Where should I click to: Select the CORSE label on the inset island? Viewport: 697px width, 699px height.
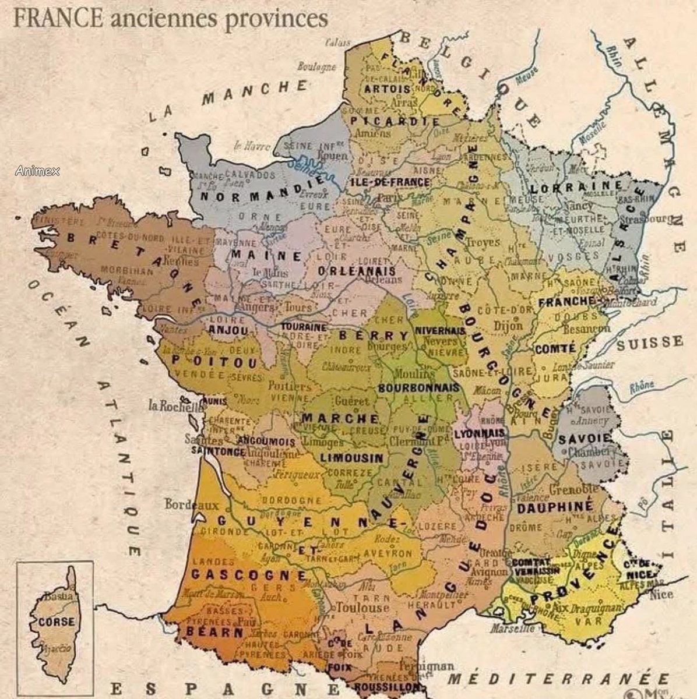(57, 622)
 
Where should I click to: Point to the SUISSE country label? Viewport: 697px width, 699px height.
(649, 342)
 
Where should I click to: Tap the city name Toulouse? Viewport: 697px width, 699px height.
(362, 608)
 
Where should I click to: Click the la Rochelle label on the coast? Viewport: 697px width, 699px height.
(174, 406)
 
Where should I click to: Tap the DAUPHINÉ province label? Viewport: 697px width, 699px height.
(554, 507)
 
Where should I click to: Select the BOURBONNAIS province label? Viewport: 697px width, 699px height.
(418, 387)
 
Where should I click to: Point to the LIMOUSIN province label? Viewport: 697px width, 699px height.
(352, 457)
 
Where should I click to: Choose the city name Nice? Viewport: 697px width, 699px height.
(661, 594)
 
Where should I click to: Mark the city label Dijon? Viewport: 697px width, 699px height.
(508, 326)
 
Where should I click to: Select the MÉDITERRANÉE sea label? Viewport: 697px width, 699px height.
(559, 680)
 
